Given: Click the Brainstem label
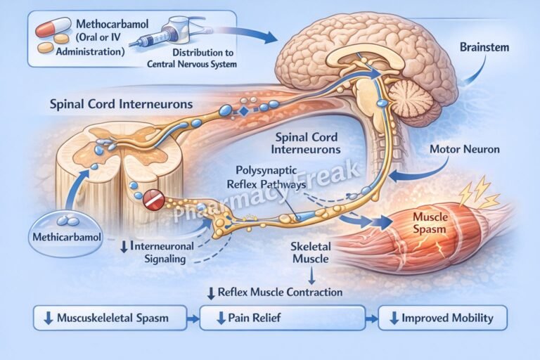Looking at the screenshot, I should [x=484, y=48].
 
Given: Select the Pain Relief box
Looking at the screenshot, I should [x=282, y=318].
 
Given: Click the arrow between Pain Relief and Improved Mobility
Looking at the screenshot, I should [x=371, y=318].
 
